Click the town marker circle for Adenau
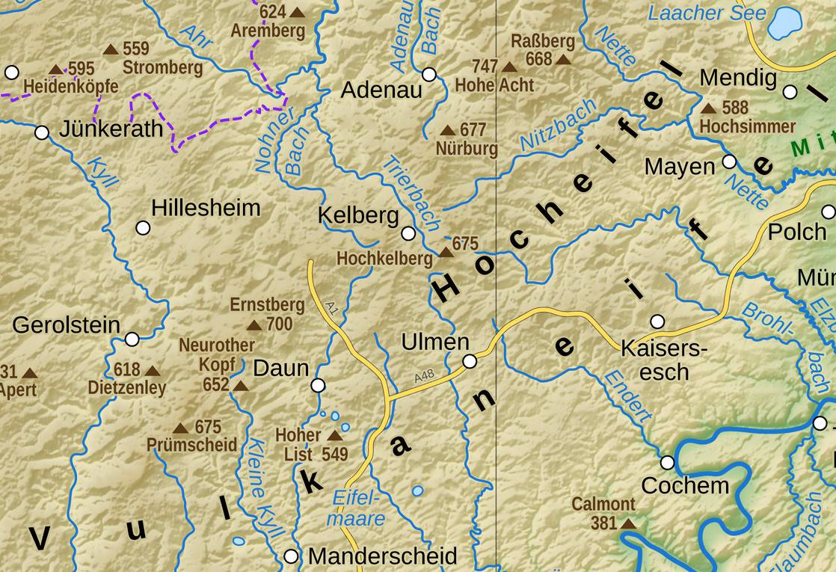429,74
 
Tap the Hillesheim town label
206,207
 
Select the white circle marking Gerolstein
132,339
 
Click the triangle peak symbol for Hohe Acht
509,67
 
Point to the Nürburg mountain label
467,149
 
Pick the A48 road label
424,378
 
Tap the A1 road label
331,307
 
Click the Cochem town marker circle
667,462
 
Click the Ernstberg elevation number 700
279,325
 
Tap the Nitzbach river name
557,124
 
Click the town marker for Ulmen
470,361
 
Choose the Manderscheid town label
382,556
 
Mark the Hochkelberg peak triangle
446,252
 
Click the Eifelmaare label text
358,508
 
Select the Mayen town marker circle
729,162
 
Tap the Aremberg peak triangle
297,12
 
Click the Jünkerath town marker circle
42,132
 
